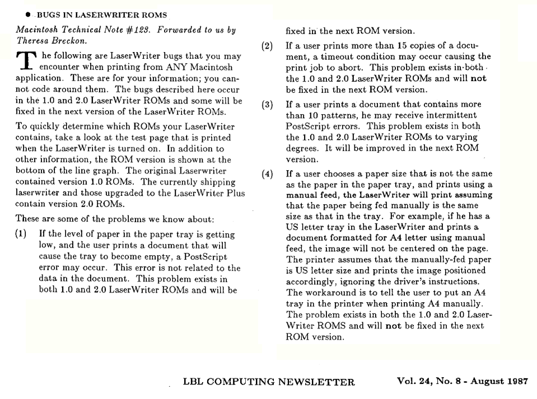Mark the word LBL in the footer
point(194,382)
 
